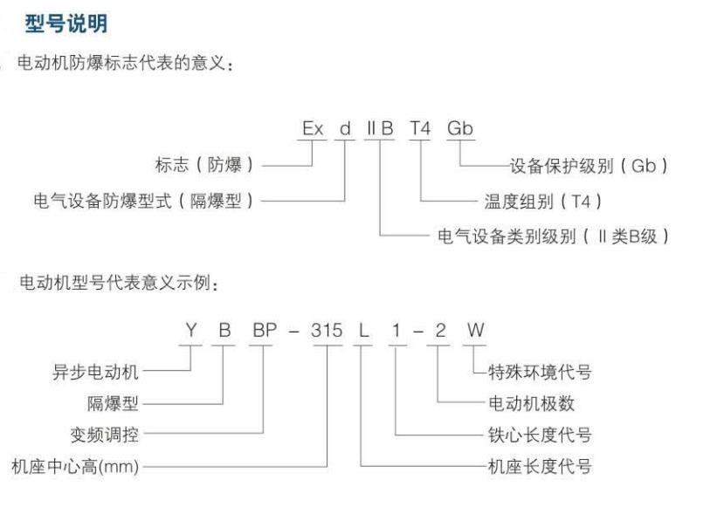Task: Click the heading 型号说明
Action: click(66, 24)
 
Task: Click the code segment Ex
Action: click(313, 128)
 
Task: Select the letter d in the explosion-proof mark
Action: click(345, 128)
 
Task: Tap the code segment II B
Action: click(380, 128)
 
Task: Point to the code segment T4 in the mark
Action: click(420, 128)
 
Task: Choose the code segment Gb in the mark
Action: click(460, 128)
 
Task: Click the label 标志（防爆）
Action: click(204, 164)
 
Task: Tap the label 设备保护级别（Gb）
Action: click(589, 166)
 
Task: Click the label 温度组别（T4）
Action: click(543, 202)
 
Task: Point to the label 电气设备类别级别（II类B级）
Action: click(554, 236)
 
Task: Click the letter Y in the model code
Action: click(191, 330)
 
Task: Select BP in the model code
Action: click(265, 330)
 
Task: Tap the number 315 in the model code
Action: click(327, 330)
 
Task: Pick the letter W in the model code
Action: click(476, 330)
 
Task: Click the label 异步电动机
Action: click(95, 372)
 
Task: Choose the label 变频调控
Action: click(104, 435)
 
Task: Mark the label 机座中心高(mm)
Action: click(75, 466)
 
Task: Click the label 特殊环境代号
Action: click(540, 372)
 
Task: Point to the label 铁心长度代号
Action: click(540, 435)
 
